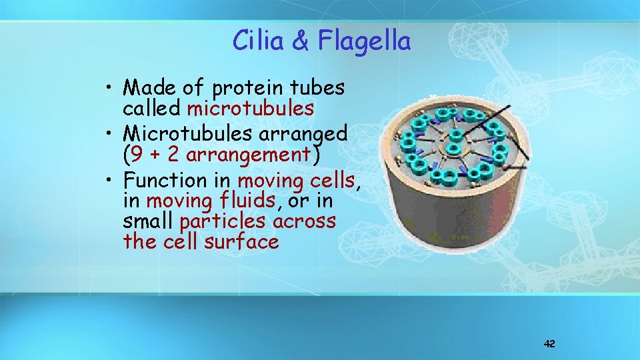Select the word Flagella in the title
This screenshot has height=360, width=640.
(364, 41)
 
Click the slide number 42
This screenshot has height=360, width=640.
(549, 344)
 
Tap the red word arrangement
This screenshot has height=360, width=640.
(249, 155)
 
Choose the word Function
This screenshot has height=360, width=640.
(165, 180)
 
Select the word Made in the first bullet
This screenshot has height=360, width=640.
(147, 87)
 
